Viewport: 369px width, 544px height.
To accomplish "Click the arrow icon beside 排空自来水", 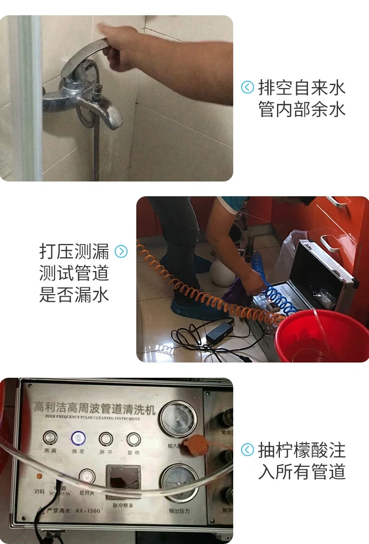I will coord(247,88).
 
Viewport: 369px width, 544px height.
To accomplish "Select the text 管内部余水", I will coord(302,109).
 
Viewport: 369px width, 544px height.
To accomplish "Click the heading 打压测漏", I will coord(74,251).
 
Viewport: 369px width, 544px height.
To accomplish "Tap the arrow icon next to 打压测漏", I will coord(121,252).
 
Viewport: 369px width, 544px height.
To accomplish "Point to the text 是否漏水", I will coord(74,295).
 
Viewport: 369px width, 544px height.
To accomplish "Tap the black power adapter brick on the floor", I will coord(221,331).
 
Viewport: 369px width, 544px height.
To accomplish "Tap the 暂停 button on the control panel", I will coord(133,440).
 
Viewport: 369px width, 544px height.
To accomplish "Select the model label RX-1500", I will coord(88,511).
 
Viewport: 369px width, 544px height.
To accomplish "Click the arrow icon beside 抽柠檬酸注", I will coord(247,450).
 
